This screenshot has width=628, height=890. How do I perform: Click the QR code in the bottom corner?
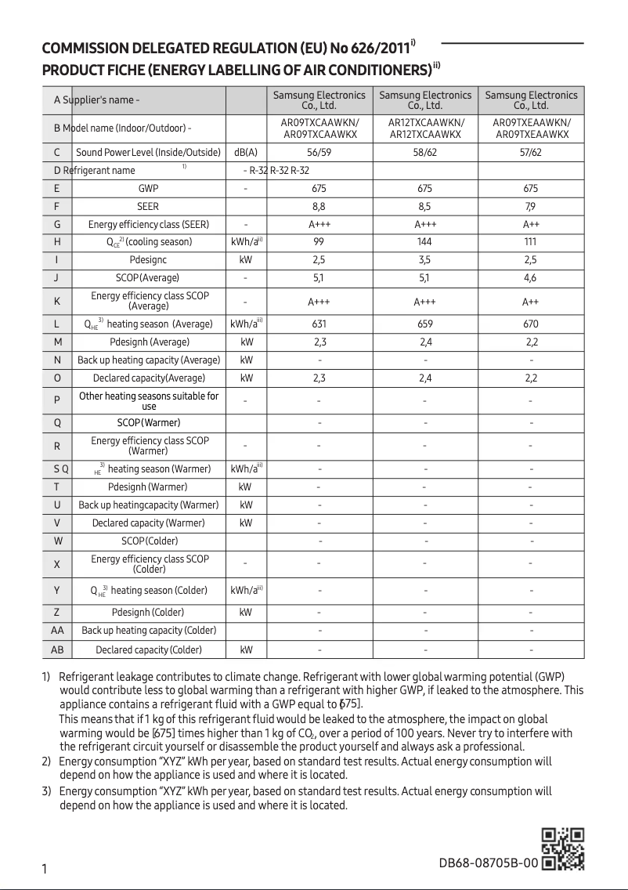click(563, 848)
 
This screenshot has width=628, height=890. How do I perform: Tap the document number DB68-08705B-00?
click(489, 863)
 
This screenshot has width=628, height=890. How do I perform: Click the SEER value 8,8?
click(319, 207)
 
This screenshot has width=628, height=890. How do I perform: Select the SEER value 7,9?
click(531, 207)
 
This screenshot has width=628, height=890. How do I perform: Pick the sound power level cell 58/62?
click(425, 152)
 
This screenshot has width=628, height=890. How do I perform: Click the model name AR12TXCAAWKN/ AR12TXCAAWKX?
click(425, 129)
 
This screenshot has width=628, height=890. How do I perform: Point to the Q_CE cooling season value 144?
click(425, 242)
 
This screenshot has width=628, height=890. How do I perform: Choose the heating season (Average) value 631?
click(319, 324)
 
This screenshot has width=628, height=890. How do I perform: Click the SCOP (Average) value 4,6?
click(531, 278)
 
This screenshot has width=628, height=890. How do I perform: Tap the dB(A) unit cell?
click(246, 152)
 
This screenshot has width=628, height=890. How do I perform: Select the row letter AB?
click(57, 649)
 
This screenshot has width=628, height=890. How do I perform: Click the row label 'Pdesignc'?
click(148, 260)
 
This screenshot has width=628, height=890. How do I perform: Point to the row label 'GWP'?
click(148, 189)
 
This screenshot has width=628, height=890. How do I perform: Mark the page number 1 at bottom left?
click(45, 869)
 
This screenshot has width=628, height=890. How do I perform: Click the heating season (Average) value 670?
click(531, 324)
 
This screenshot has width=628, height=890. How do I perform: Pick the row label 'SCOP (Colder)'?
click(149, 541)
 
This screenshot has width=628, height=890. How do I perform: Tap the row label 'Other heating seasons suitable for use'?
click(149, 401)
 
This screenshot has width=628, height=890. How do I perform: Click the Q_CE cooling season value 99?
click(319, 242)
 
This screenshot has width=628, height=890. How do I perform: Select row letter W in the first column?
click(57, 541)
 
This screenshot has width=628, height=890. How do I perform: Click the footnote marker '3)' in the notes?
click(46, 791)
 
